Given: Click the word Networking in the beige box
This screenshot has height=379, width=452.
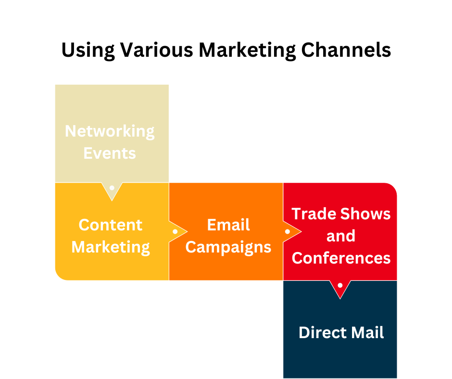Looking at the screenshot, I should coord(110,131).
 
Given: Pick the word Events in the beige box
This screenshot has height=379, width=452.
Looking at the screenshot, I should coord(110,153).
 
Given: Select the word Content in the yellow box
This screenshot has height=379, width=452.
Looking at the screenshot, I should coord(111,225).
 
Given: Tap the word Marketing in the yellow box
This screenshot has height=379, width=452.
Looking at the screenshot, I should coord(111,247).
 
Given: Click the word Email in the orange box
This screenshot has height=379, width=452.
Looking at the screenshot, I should coord(228,225).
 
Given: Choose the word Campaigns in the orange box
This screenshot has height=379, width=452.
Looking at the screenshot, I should coord(228,248).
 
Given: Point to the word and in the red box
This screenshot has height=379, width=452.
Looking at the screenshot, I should coord(341,236).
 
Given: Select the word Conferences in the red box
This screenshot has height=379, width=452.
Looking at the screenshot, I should coord(341,258).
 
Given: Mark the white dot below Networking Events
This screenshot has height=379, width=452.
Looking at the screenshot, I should coord(112,188).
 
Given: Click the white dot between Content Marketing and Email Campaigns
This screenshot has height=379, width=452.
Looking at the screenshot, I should coord(175,231).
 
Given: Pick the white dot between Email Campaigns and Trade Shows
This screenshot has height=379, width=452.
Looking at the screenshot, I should coord(288,231).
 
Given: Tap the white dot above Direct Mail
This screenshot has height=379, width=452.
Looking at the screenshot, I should coord(340,285).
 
